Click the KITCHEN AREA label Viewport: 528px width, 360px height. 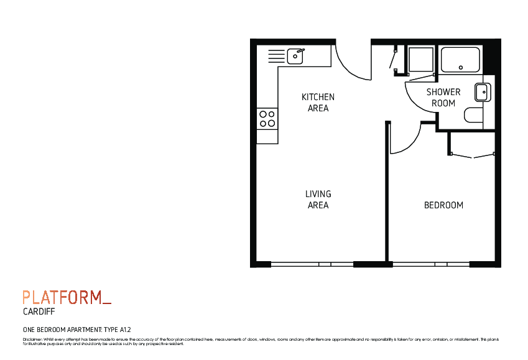coord(318,103)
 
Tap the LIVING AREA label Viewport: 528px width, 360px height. coord(318,200)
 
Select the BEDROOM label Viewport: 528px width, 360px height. coord(443,205)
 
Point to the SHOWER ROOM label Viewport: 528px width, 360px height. coord(443,98)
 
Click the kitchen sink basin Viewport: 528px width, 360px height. coord(295,57)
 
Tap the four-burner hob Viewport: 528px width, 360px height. coord(267,119)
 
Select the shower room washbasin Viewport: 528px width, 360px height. coord(483,92)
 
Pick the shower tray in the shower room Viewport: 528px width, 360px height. coord(460,60)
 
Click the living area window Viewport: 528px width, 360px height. coord(312,264)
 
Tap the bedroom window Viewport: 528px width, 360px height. coord(431,264)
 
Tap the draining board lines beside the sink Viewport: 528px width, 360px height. coord(276,57)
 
